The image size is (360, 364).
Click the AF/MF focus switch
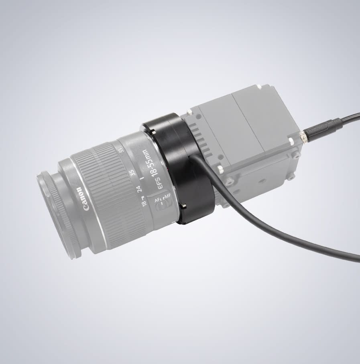click(x=162, y=202)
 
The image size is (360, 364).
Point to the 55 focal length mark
click(x=120, y=150)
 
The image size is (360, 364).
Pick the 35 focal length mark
click(x=132, y=172)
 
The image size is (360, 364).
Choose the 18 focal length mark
click(x=144, y=203)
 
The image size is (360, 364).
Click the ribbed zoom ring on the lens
click(x=106, y=188)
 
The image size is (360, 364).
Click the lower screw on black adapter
click(x=183, y=206)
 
